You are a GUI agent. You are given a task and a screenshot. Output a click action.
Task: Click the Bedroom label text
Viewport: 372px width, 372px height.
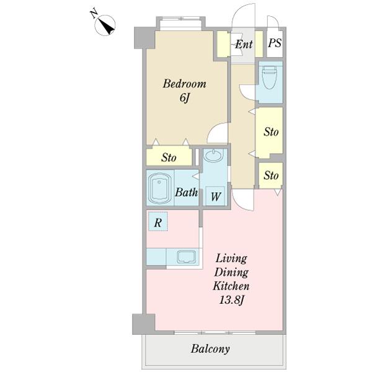pos(184,84)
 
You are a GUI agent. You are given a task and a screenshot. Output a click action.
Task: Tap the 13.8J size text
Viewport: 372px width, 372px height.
pos(231,301)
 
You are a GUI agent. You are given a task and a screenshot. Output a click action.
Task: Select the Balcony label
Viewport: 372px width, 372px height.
pos(210,349)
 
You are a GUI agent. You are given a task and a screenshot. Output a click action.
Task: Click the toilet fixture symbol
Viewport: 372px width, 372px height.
pos(269,77)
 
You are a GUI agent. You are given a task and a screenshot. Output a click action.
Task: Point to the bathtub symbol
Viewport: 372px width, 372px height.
pos(159,188)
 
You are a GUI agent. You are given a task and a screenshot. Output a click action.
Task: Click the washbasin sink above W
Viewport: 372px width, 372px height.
pos(214,156)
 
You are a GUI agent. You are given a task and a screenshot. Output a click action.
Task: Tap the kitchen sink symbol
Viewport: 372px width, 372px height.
pos(187,257)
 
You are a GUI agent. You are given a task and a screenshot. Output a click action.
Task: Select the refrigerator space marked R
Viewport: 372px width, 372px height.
pos(158,222)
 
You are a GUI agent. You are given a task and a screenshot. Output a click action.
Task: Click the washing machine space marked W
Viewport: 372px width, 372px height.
pos(215,196)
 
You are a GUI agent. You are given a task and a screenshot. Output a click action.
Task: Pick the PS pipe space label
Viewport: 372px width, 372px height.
pos(275,43)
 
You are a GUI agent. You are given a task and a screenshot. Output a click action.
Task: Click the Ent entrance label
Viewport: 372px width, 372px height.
pos(244,44)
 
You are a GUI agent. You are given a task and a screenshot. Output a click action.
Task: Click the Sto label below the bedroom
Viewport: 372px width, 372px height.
pos(169,157)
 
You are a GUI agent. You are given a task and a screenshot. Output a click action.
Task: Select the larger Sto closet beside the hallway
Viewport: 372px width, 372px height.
pos(270,133)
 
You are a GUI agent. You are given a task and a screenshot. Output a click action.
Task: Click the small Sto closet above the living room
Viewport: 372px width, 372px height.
pos(271,175)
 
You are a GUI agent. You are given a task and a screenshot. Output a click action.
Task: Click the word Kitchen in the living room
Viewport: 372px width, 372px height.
pos(231,286)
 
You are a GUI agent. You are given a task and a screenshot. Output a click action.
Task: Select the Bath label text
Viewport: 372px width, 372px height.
pos(186,192)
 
